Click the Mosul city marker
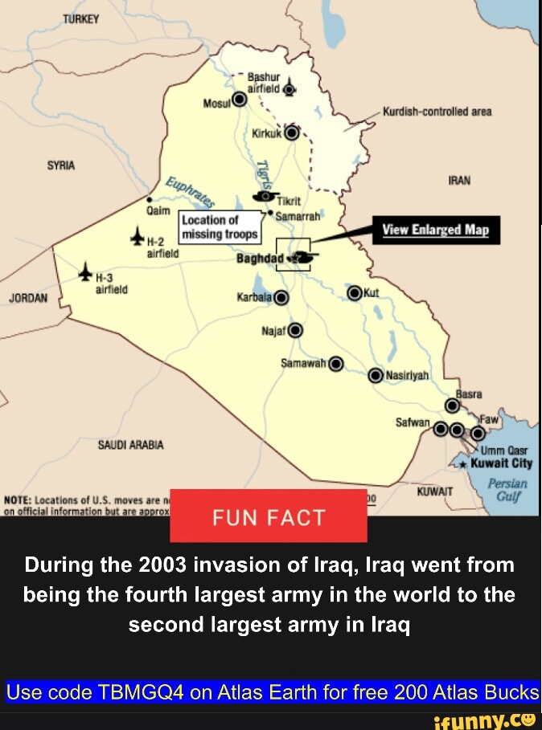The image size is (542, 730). click(239, 100)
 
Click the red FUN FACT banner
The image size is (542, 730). click(269, 517)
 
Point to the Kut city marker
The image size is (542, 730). click(353, 292)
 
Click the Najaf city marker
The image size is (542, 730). click(295, 329)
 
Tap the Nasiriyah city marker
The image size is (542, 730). click(375, 375)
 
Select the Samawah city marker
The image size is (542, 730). click(335, 364)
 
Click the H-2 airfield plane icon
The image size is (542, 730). click(139, 234)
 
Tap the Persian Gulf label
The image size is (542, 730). click(507, 490)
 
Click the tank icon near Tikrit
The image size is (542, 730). click(263, 195)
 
